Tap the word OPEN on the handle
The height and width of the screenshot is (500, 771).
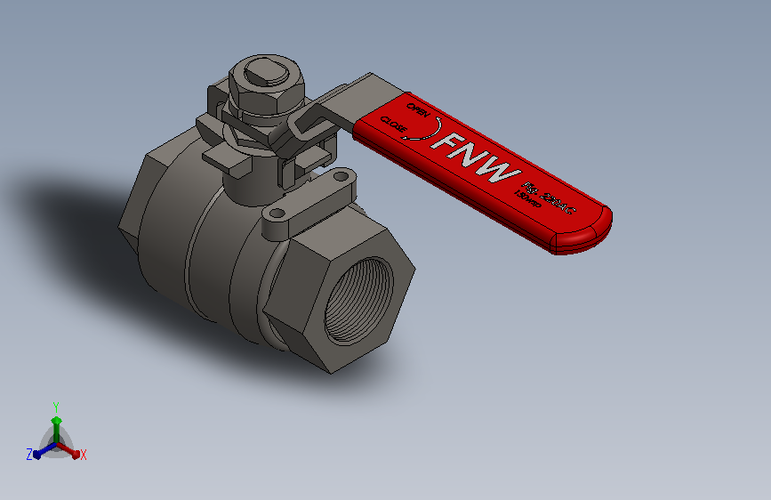(418, 111)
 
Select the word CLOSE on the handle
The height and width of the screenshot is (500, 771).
(394, 127)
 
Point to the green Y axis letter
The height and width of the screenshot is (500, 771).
(55, 405)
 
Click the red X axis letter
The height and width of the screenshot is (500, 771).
(84, 455)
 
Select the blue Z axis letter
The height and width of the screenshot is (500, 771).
(29, 454)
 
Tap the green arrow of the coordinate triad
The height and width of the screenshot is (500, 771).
(55, 422)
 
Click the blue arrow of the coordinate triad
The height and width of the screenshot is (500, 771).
(41, 452)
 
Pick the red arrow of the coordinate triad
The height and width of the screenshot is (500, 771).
(73, 452)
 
